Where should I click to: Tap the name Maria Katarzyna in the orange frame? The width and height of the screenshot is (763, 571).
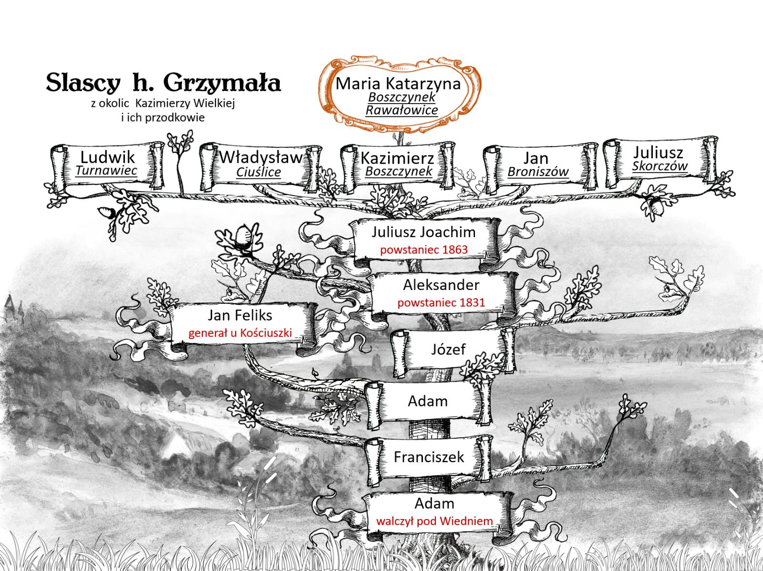point(398,83)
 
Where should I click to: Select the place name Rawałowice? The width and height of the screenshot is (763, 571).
point(402,110)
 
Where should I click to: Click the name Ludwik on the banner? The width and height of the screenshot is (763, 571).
point(107,157)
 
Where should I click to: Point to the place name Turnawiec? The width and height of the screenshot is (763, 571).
point(106,170)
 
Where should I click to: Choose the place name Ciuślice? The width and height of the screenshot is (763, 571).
point(258,172)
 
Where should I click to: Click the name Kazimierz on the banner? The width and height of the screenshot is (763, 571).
point(397,158)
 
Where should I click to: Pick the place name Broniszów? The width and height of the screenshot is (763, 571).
point(538,172)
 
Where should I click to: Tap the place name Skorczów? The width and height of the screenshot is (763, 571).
point(660,166)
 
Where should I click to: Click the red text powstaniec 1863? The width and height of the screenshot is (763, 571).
point(423,249)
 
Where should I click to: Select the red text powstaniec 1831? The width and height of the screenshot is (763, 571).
point(441,302)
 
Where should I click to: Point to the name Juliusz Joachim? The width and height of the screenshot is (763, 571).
point(423,232)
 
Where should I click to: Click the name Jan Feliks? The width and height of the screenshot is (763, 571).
point(240,315)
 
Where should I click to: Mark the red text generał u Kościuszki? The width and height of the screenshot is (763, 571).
point(240,332)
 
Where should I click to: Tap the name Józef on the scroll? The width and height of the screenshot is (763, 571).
point(448,349)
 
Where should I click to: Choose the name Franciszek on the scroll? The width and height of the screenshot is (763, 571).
point(429,457)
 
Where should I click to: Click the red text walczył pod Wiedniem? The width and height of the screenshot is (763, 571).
point(434,521)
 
